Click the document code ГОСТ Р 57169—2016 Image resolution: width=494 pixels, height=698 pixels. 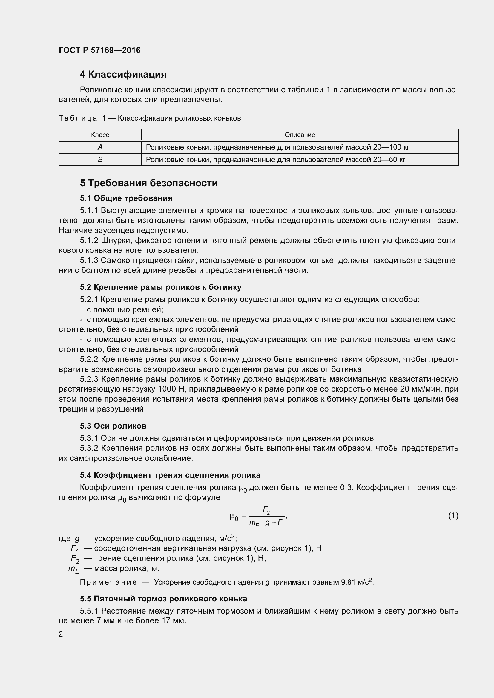tap(99, 50)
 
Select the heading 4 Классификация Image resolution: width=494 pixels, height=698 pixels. tap(123, 75)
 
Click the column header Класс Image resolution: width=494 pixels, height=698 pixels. tap(100, 135)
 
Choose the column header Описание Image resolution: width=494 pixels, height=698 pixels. tap(300, 135)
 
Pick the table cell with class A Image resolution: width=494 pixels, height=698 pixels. tap(100, 147)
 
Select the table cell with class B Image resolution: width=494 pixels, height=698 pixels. tap(100, 160)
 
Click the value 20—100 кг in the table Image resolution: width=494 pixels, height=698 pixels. tap(391, 147)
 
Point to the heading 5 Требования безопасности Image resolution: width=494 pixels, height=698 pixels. tap(149, 183)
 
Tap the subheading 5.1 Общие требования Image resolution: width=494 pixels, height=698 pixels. tap(126, 198)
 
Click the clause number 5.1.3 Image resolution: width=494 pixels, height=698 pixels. tap(89, 261)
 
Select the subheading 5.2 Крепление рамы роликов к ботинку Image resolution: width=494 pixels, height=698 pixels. tap(161, 287)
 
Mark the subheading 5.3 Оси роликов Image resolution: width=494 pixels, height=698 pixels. tap(113, 426)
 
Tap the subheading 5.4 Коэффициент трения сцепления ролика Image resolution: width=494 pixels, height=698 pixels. tap(170, 475)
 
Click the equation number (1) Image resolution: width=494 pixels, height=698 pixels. tap(453, 515)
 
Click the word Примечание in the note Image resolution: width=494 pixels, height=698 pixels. tap(108, 582)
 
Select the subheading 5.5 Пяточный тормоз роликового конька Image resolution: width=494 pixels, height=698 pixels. tap(163, 599)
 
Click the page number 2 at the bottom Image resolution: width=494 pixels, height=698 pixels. tap(61, 634)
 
